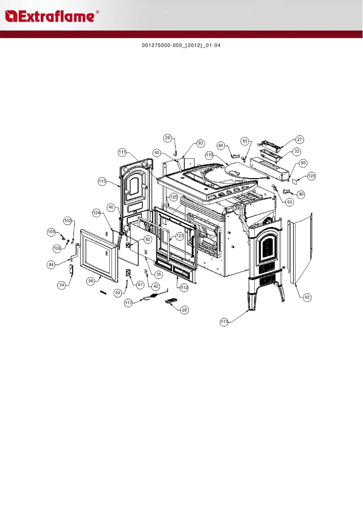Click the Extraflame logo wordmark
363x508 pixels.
pos(52,16)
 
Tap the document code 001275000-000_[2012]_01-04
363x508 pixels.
pos(181,46)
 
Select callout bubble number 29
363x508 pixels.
pos(167,138)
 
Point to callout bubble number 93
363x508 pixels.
pos(201,143)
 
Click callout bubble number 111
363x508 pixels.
pos(122,152)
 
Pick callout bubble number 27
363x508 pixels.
pos(299,140)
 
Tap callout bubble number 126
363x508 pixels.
pos(312,176)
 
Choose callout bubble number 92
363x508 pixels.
pos(307,297)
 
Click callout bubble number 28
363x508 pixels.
pos(184,310)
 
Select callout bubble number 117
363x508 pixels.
pos(128,303)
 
